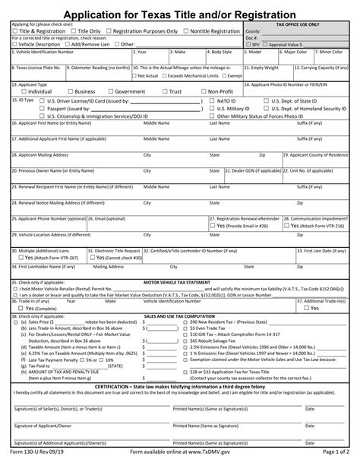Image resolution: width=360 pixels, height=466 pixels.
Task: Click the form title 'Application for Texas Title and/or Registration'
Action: tap(180, 14)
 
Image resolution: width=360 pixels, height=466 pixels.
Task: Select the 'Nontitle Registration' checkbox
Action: tap(187, 31)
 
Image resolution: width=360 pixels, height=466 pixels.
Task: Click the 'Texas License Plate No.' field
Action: tap(34, 74)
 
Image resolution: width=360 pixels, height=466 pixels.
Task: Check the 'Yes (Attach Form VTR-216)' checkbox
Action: tap(286, 227)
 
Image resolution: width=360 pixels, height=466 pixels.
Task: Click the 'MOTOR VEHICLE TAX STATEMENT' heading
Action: tap(180, 281)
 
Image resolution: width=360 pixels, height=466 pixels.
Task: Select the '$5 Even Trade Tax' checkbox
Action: tap(185, 327)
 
